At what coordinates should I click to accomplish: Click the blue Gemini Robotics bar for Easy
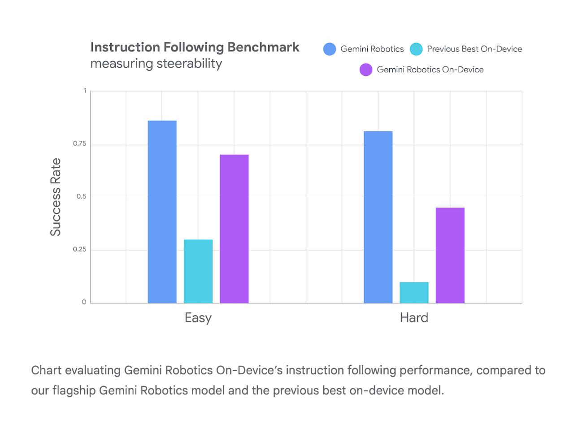coord(162,212)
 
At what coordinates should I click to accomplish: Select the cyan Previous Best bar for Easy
coord(198,271)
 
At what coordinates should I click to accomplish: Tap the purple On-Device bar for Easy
coord(234,229)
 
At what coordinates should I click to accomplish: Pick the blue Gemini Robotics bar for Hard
coord(378,217)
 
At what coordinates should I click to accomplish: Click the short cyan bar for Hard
coord(414,292)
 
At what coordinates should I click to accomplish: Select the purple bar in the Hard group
coord(450,255)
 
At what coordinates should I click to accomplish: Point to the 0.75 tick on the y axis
coord(79,143)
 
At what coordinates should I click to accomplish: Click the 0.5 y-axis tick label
coord(81,196)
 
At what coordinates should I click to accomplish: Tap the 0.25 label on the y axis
coord(79,249)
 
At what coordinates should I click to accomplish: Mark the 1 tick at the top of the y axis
coord(85,91)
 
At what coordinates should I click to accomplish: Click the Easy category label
coord(198,318)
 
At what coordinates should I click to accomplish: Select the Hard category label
coord(414,318)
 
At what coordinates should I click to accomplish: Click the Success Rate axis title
coord(55,197)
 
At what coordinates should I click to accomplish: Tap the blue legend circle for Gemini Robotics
coord(330,49)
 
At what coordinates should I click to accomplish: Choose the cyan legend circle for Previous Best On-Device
coord(416,49)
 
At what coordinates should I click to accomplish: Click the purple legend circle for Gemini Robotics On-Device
coord(366,70)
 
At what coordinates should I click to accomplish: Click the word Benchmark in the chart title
coord(263,47)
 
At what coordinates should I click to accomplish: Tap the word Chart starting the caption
coord(46,370)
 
